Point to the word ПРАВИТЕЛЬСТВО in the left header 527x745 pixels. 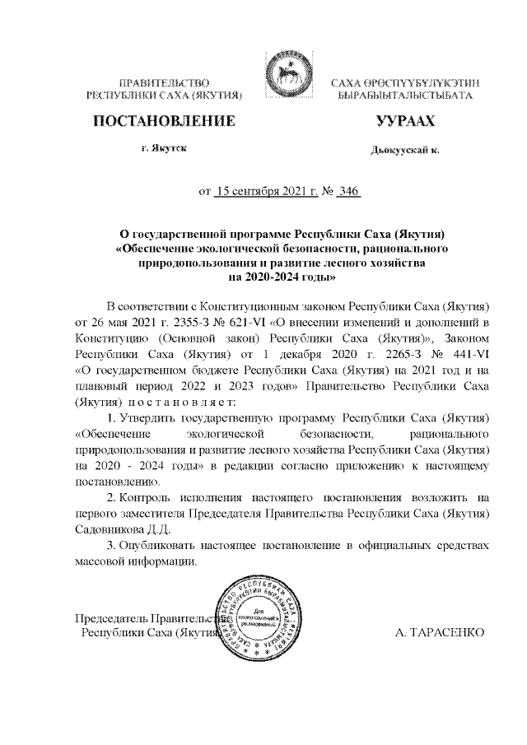coord(164,84)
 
